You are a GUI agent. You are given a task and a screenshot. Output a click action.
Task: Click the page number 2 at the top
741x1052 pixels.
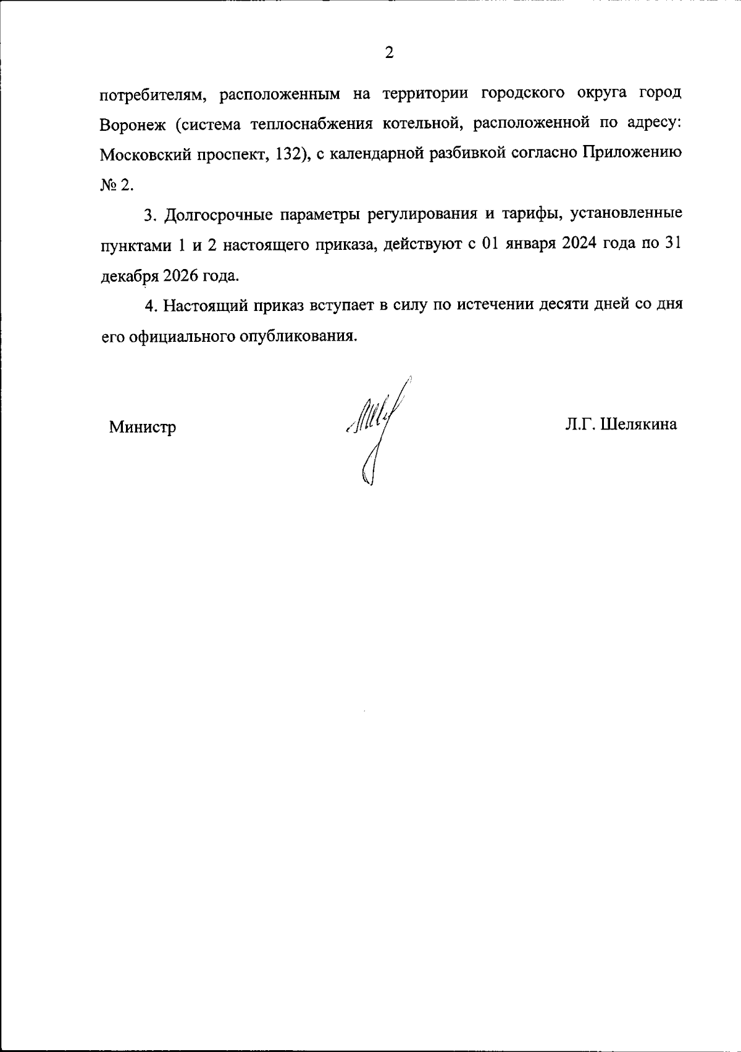pyautogui.click(x=389, y=53)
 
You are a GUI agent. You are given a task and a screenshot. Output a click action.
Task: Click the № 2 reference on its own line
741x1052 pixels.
pyautogui.click(x=115, y=184)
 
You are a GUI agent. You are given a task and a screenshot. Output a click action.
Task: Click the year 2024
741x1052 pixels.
pyautogui.click(x=583, y=244)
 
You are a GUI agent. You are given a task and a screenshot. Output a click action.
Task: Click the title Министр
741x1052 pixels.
pyautogui.click(x=142, y=426)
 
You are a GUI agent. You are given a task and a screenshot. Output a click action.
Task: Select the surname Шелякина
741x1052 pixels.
pyautogui.click(x=639, y=425)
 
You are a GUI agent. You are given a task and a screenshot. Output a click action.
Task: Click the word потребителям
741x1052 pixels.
pyautogui.click(x=151, y=94)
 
